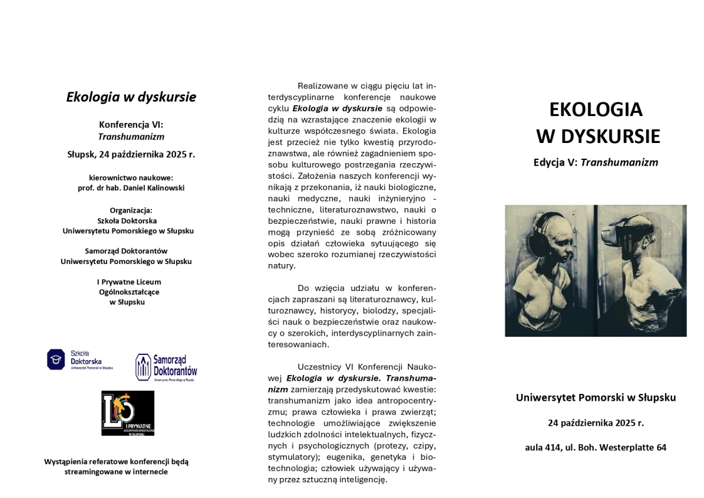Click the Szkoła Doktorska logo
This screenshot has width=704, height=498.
80,360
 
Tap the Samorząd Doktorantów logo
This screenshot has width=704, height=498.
166,368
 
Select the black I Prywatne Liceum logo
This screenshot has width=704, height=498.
128,413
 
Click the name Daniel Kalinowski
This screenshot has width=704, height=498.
157,188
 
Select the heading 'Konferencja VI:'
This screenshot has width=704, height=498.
131,124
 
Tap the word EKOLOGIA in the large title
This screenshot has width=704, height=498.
596,109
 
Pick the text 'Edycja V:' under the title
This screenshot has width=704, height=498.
555,162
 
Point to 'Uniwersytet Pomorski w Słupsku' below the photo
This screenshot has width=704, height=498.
596,397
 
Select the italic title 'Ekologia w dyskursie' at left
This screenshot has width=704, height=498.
131,97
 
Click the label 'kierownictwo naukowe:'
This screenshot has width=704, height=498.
131,177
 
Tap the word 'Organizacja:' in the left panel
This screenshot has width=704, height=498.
131,210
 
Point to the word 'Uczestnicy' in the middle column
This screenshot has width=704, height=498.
320,367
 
